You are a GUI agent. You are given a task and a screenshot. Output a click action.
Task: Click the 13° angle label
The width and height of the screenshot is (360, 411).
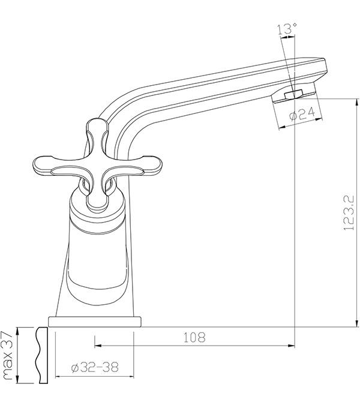pos(287,29)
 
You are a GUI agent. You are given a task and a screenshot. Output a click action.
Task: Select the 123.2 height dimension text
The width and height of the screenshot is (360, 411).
pos(349,212)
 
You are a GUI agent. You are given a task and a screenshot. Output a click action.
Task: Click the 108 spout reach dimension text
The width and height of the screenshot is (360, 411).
pos(194,338)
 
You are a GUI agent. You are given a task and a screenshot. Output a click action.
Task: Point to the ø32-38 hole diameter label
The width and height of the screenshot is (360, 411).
pos(95,367)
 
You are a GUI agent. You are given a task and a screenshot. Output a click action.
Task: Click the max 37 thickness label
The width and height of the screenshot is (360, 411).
pos(7,355)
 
